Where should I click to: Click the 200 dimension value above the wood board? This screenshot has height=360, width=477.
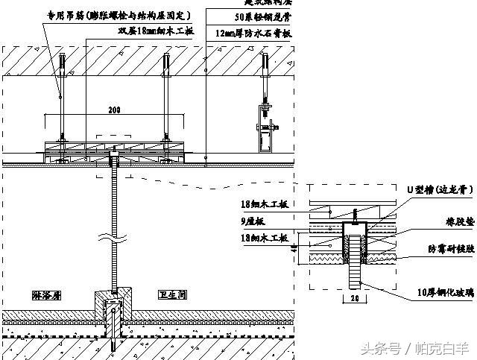pos(114,110)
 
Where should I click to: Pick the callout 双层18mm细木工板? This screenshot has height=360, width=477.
pos(156,31)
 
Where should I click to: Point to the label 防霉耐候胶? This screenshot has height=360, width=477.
pos(446,249)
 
